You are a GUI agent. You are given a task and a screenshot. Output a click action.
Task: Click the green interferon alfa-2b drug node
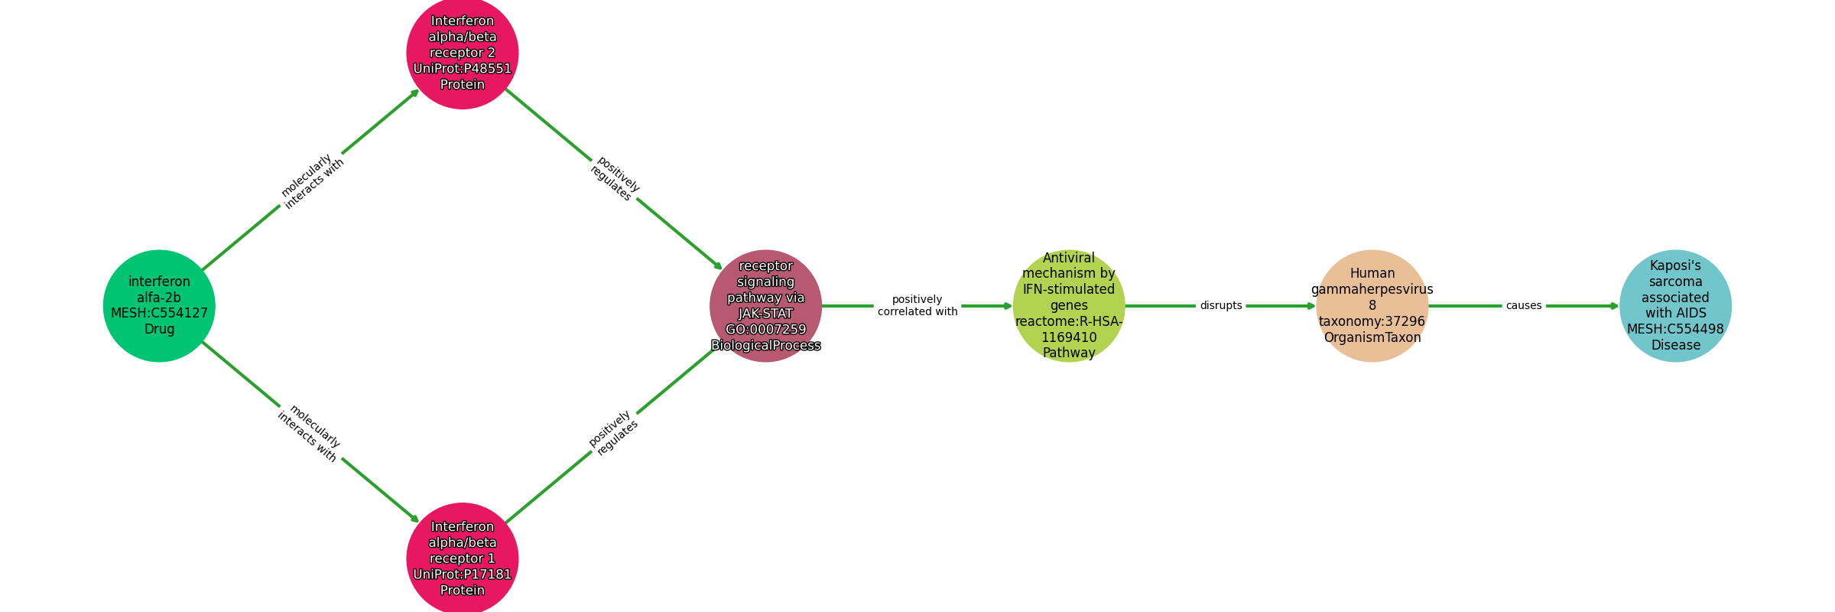(x=159, y=306)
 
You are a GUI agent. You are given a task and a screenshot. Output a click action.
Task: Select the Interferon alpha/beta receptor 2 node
(x=463, y=53)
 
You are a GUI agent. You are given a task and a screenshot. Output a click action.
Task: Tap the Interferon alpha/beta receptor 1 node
(x=463, y=559)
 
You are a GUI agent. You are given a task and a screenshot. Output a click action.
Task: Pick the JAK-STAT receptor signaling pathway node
(x=766, y=306)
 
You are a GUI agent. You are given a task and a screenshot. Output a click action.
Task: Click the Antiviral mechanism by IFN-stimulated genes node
(x=1069, y=306)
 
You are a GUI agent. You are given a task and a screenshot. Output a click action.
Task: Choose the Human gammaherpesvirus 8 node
(x=1372, y=306)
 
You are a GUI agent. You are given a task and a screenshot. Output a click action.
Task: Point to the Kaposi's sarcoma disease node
(x=1676, y=306)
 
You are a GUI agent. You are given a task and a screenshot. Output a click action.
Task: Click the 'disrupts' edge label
(x=1221, y=306)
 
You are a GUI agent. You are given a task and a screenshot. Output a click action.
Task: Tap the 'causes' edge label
(x=1524, y=306)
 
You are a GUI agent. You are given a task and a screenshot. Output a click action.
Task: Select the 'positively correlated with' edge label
(x=917, y=305)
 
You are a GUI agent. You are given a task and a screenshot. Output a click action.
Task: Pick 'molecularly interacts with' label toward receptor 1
(x=308, y=433)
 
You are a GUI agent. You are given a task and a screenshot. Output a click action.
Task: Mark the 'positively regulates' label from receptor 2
(x=614, y=178)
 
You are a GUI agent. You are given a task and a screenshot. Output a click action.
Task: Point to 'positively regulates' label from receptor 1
(x=613, y=433)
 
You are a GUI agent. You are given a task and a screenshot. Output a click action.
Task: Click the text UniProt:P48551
(x=463, y=69)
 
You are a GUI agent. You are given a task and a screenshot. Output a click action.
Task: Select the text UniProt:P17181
(x=463, y=575)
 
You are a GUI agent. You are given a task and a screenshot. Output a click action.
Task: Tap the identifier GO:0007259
(x=766, y=330)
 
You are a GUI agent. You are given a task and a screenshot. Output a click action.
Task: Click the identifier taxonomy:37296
(x=1372, y=321)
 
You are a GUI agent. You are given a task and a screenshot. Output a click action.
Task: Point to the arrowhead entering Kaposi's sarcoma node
(x=1615, y=306)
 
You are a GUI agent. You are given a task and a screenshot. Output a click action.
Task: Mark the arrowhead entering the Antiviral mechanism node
(x=1008, y=306)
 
